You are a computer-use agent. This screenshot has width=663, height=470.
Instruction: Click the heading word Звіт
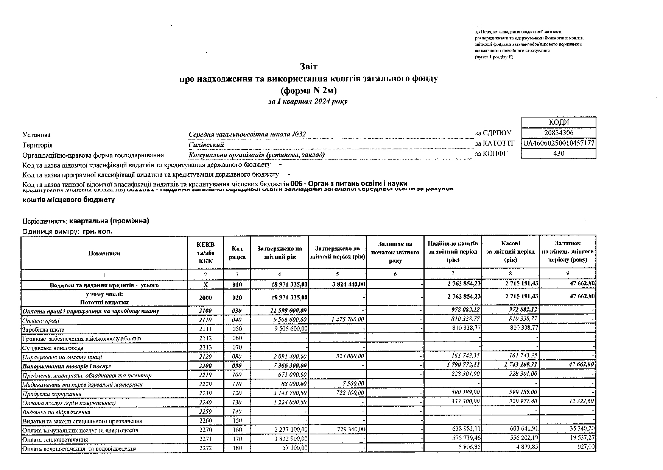308,67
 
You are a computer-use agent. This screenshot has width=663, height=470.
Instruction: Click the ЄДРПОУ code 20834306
559,133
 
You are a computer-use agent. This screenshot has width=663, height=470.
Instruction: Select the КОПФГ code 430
559,153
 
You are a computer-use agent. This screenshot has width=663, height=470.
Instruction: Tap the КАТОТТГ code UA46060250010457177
559,143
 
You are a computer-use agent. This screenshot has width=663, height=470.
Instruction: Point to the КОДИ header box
559,122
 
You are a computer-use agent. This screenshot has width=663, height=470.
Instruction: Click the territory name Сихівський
206,145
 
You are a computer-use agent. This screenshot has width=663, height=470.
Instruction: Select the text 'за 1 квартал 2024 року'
308,101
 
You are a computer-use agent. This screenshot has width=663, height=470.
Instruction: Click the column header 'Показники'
104,253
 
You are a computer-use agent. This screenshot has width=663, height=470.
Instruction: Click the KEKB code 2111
205,329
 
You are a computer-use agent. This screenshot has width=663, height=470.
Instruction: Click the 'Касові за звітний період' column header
510,252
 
